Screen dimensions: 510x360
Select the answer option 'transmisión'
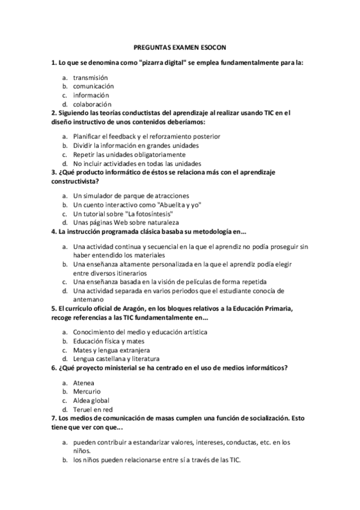click(90, 78)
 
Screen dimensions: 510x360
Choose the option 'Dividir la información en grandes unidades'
click(136, 146)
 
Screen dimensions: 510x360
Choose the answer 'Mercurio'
click(87, 392)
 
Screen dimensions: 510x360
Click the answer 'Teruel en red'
click(93, 409)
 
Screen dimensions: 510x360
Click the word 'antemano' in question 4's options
click(88, 299)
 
